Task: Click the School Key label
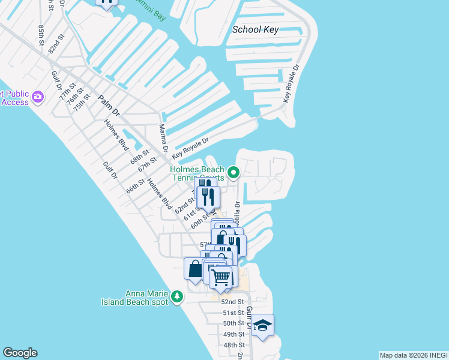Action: pos(255,29)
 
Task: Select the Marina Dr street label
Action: pos(162,138)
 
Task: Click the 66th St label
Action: pos(133,185)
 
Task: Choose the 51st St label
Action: pos(234,313)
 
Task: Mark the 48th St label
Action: pos(234,345)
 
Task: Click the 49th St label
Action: pos(234,334)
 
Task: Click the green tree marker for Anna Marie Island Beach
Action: pos(176,296)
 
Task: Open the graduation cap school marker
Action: pos(262,326)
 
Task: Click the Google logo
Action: pos(20,353)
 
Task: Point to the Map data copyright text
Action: pos(413,355)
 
